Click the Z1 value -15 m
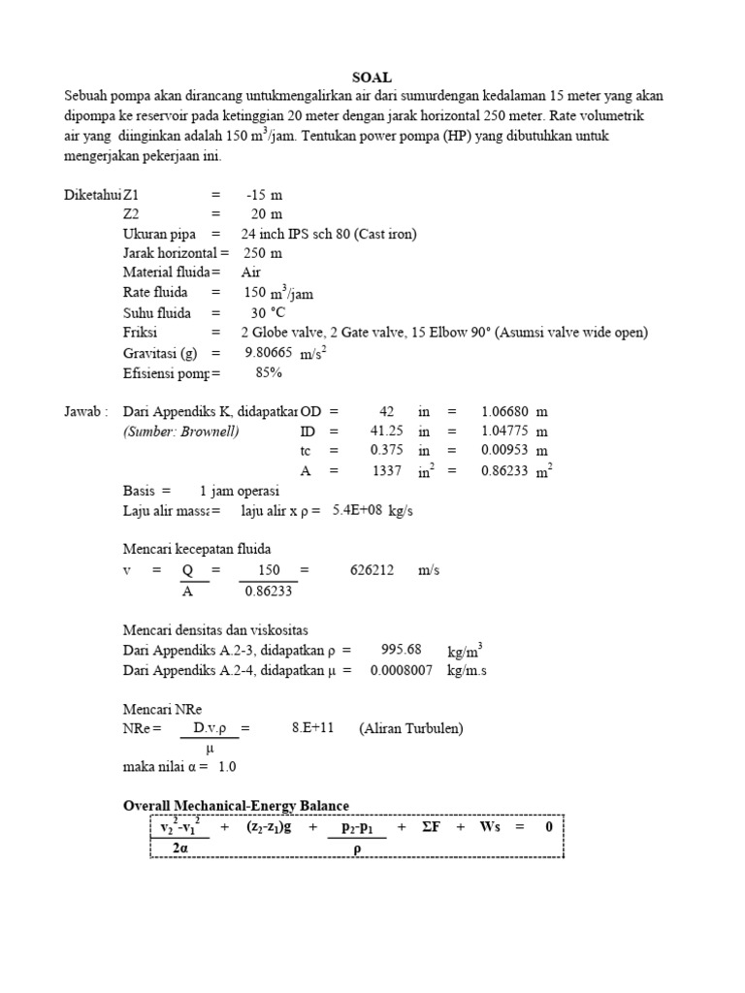tap(264, 195)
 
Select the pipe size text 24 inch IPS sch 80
tap(314, 234)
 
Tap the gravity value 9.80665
tap(269, 352)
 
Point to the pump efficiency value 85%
tap(269, 371)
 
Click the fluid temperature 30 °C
tap(271, 312)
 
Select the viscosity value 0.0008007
tap(401, 669)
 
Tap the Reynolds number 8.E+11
tap(312, 728)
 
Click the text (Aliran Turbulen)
tap(411, 728)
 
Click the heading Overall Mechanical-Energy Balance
tap(236, 806)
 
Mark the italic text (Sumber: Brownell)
tap(181, 431)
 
